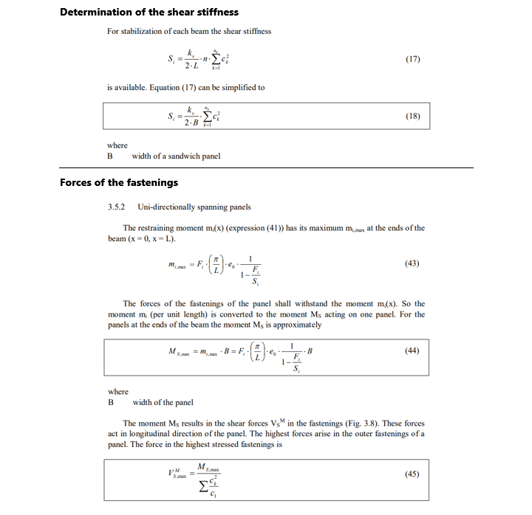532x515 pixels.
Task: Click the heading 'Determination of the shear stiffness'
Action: point(149,12)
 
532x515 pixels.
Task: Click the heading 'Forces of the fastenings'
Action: point(119,182)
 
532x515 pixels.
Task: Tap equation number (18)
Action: point(413,116)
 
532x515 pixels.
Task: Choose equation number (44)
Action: point(413,350)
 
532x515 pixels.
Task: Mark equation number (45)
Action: point(413,474)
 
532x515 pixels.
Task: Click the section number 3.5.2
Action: point(117,207)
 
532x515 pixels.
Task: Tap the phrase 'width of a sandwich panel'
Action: point(176,156)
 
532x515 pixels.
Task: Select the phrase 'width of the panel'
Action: point(163,402)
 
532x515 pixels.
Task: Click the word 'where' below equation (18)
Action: point(117,145)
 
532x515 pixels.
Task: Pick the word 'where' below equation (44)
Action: point(117,392)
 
